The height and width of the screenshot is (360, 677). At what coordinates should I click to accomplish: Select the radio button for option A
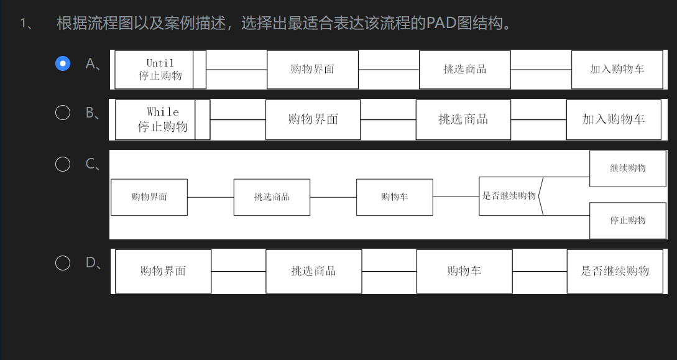click(63, 63)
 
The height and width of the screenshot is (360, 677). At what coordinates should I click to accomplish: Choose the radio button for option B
click(63, 113)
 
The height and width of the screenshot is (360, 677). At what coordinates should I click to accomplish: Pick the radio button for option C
click(63, 164)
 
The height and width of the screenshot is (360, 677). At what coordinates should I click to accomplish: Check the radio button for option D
click(63, 263)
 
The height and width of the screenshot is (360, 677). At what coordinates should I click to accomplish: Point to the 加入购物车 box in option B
click(613, 119)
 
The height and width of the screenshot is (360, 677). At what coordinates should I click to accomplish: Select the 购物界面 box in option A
click(312, 69)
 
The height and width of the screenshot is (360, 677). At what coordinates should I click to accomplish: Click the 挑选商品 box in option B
click(463, 119)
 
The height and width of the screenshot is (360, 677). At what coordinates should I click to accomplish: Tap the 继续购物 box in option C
click(627, 168)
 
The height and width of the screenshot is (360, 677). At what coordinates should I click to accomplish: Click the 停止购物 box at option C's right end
click(627, 220)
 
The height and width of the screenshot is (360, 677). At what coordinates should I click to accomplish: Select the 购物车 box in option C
click(394, 197)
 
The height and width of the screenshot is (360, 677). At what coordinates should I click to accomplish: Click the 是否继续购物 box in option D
click(614, 271)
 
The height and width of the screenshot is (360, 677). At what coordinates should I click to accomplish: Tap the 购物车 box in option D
click(464, 271)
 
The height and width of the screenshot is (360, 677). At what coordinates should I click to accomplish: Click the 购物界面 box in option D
click(163, 271)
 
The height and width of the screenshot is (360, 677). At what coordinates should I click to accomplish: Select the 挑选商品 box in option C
click(272, 197)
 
